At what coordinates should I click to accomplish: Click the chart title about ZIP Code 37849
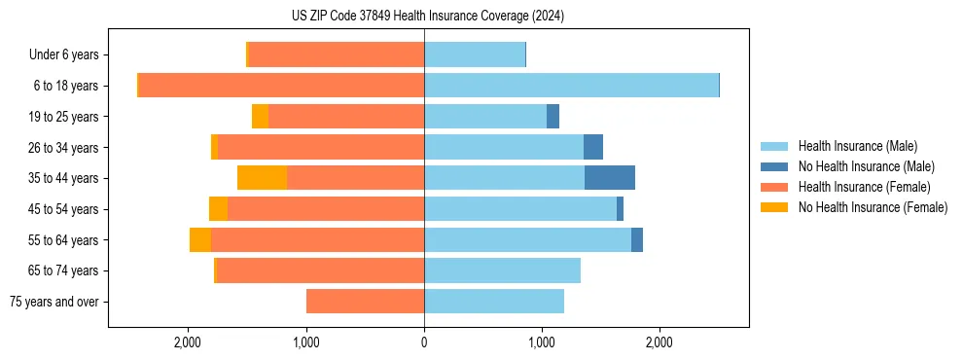pyautogui.click(x=427, y=16)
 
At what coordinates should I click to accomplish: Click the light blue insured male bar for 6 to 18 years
pyautogui.click(x=571, y=86)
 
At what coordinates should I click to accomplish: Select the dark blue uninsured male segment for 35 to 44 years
pyautogui.click(x=610, y=178)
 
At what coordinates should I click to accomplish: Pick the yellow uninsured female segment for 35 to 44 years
pyautogui.click(x=263, y=178)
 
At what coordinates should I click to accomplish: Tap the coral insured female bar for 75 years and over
pyautogui.click(x=365, y=302)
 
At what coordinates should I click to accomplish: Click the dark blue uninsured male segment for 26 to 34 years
pyautogui.click(x=593, y=147)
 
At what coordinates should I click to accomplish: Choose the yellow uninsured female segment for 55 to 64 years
pyautogui.click(x=200, y=240)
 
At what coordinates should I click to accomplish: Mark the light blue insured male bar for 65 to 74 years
pyautogui.click(x=502, y=270)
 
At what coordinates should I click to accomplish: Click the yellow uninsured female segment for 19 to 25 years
pyautogui.click(x=260, y=117)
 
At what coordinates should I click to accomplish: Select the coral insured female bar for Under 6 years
pyautogui.click(x=336, y=55)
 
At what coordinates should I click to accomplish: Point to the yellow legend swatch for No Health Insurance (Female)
pyautogui.click(x=775, y=207)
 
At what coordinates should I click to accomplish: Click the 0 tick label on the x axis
pyautogui.click(x=424, y=343)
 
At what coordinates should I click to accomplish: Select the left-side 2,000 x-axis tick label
pyautogui.click(x=188, y=343)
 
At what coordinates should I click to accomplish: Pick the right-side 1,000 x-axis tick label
pyautogui.click(x=542, y=343)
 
